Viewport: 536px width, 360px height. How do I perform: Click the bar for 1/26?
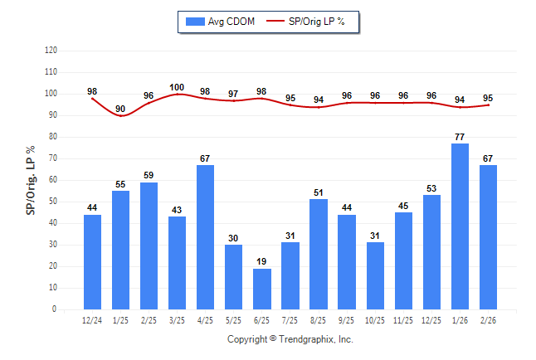(460, 226)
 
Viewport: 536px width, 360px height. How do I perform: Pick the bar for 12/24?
(92, 262)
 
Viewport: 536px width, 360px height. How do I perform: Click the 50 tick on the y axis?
(52, 202)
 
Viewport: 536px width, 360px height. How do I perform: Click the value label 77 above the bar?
(460, 136)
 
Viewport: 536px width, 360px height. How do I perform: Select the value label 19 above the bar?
(262, 261)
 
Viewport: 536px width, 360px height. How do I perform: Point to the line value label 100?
(177, 87)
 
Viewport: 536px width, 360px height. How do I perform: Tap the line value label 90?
(120, 109)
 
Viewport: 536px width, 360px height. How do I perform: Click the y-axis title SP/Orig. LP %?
(31, 180)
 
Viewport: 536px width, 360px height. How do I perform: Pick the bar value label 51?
(319, 192)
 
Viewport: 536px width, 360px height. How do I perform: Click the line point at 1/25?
(120, 115)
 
